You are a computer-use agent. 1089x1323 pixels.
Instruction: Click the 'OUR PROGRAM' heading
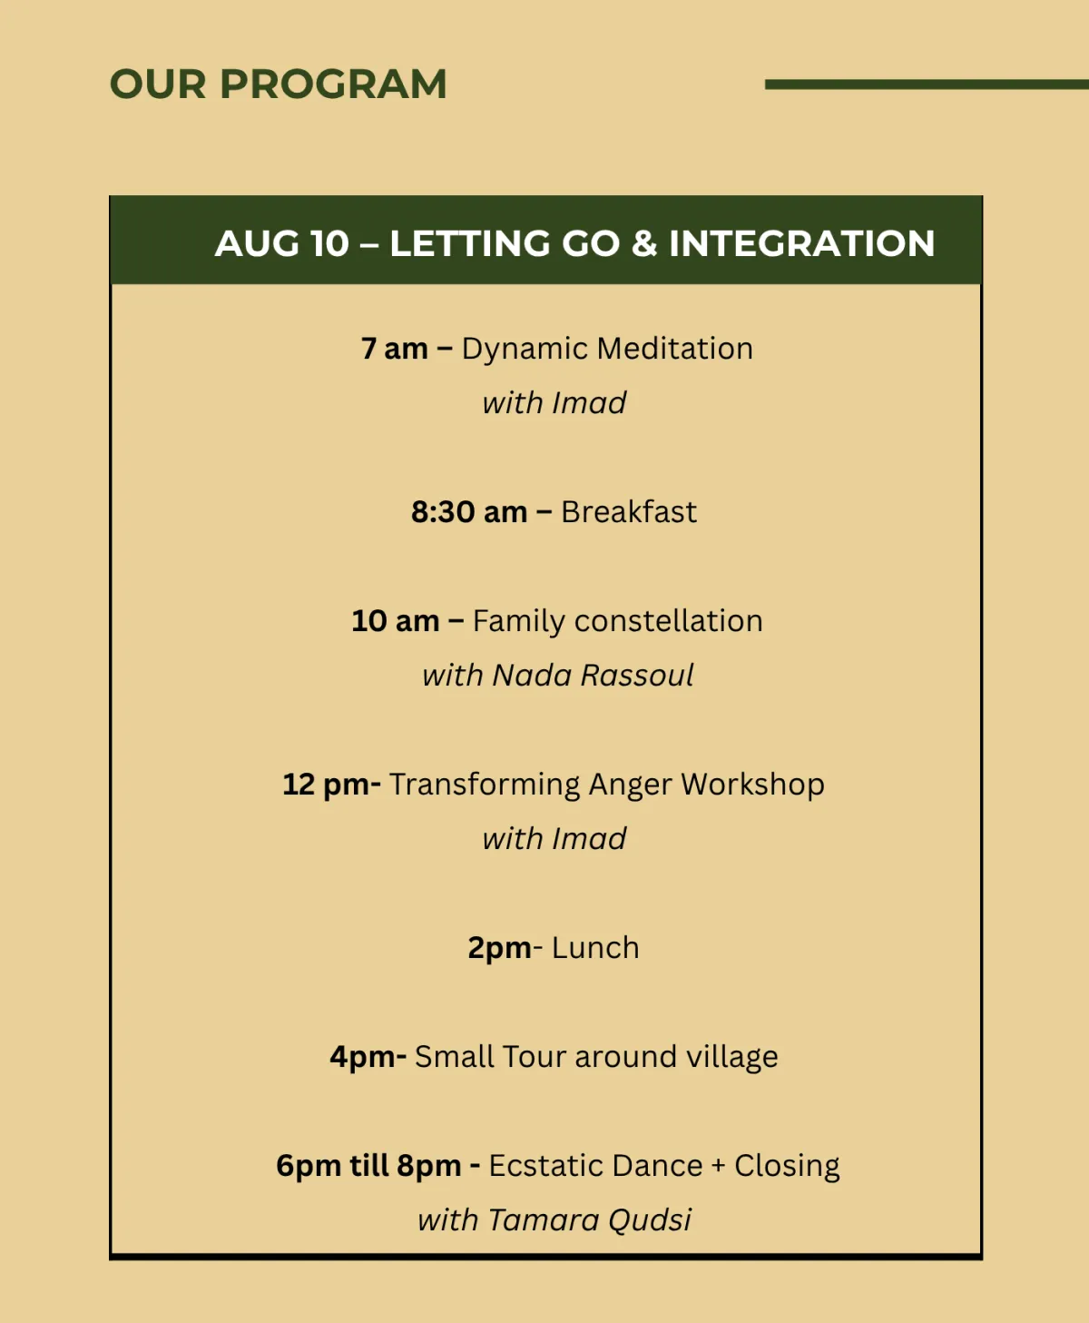tap(278, 84)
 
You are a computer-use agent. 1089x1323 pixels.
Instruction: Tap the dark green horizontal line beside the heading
tap(927, 84)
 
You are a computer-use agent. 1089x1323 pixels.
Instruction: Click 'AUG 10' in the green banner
tap(281, 243)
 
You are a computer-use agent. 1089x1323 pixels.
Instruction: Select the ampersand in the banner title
tap(644, 243)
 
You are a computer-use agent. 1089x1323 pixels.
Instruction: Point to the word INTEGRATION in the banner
tap(801, 243)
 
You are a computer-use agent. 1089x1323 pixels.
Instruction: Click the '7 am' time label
tap(395, 349)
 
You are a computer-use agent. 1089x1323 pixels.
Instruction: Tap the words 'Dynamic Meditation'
tap(607, 349)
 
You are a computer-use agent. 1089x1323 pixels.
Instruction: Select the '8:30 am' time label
tap(468, 512)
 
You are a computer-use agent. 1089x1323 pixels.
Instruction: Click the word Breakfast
tap(629, 512)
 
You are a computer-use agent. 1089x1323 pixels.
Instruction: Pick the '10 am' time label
tap(395, 621)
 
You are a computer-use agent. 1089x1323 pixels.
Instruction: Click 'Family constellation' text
tap(617, 622)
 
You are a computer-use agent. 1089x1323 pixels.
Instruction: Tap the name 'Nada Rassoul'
tap(593, 676)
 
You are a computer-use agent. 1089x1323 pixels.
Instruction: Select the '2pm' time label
tap(499, 949)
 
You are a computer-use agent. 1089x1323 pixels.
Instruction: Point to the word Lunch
tap(595, 949)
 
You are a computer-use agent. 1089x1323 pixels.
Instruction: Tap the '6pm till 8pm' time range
tap(368, 1167)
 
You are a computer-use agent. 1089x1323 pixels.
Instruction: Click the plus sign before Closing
tap(718, 1167)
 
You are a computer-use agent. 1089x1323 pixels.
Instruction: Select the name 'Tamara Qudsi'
tap(589, 1220)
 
